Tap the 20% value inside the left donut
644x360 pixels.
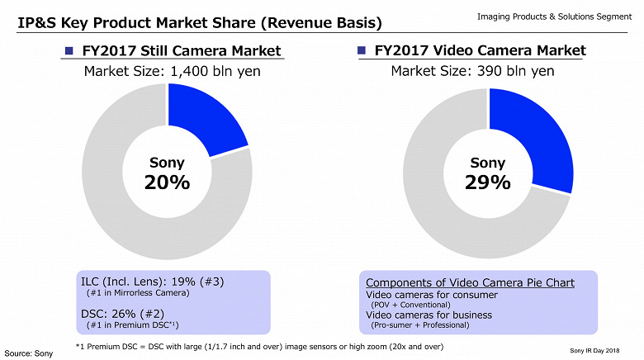(167, 182)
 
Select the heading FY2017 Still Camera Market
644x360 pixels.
(182, 52)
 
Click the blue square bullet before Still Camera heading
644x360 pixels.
(71, 52)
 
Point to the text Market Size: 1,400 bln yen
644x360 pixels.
(173, 71)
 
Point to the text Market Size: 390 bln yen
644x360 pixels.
(472, 71)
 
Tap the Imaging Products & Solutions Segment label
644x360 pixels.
(554, 17)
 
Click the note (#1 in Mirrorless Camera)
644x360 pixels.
(138, 293)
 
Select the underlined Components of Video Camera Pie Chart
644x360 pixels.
(470, 282)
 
